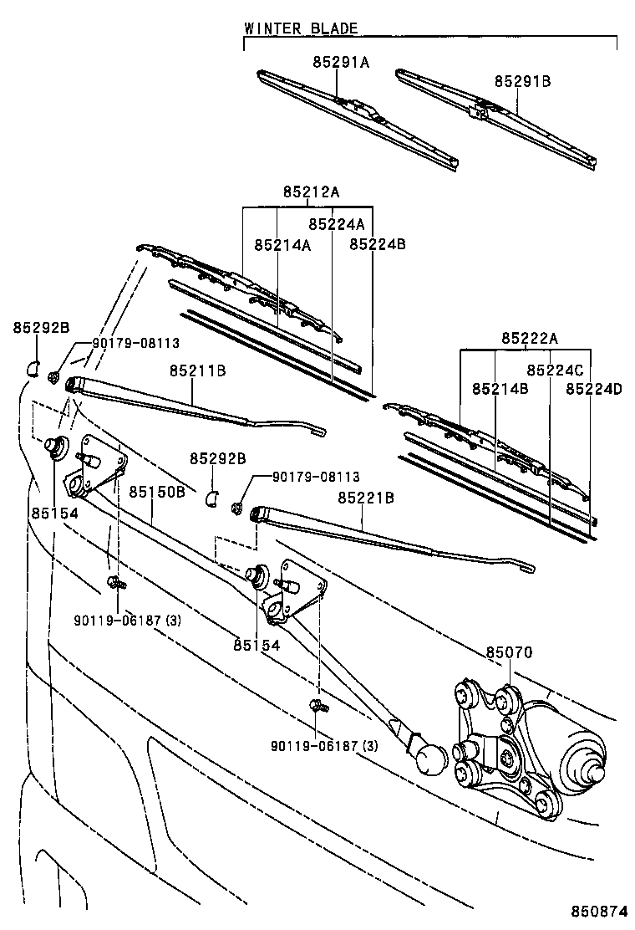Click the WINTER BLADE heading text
click(301, 28)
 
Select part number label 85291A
click(341, 62)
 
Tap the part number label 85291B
click(522, 81)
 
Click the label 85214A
click(282, 244)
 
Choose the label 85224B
click(378, 244)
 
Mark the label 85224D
click(594, 389)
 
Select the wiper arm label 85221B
click(366, 498)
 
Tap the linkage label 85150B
click(156, 491)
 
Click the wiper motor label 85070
click(510, 652)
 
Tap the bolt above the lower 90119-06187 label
click(316, 707)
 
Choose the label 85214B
click(500, 389)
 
